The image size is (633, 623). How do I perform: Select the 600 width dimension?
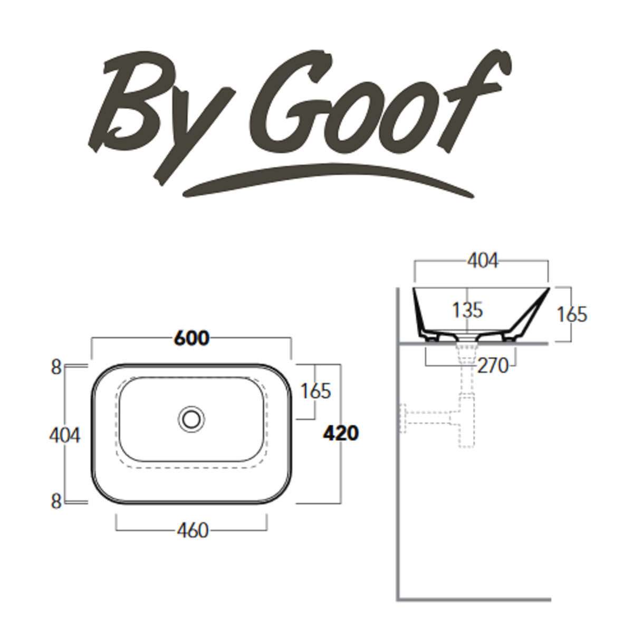point(191,338)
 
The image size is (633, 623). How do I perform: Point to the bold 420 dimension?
point(340,433)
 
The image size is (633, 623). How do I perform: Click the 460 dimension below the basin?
point(193,530)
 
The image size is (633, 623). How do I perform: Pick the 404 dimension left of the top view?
point(64,435)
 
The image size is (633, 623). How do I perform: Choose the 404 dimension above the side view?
point(483,261)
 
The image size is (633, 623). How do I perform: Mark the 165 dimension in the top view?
point(315,391)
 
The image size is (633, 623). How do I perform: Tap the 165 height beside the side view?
point(572,314)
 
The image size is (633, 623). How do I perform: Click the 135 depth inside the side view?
point(467,310)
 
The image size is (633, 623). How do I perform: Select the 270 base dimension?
point(493,365)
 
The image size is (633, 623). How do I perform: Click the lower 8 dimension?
point(56,502)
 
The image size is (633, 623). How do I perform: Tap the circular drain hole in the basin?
point(191,418)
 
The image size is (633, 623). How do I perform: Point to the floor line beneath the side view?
point(475,599)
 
